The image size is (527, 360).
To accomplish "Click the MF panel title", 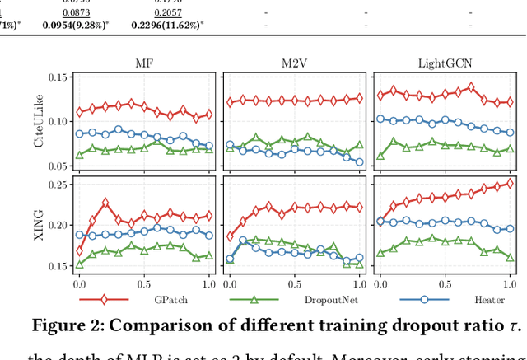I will (144, 63).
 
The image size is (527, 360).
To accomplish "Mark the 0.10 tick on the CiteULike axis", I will (60, 121).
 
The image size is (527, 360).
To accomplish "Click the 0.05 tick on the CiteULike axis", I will (60, 166).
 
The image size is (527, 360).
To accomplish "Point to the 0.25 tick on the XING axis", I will (60, 185).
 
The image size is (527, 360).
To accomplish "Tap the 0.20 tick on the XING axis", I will (60, 225).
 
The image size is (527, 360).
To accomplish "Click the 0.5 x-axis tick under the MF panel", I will (144, 283).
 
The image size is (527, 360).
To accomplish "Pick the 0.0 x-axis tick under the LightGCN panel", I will (380, 283).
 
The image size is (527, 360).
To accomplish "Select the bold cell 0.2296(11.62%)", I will (167, 26).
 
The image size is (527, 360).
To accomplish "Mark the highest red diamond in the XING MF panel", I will (105, 203).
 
